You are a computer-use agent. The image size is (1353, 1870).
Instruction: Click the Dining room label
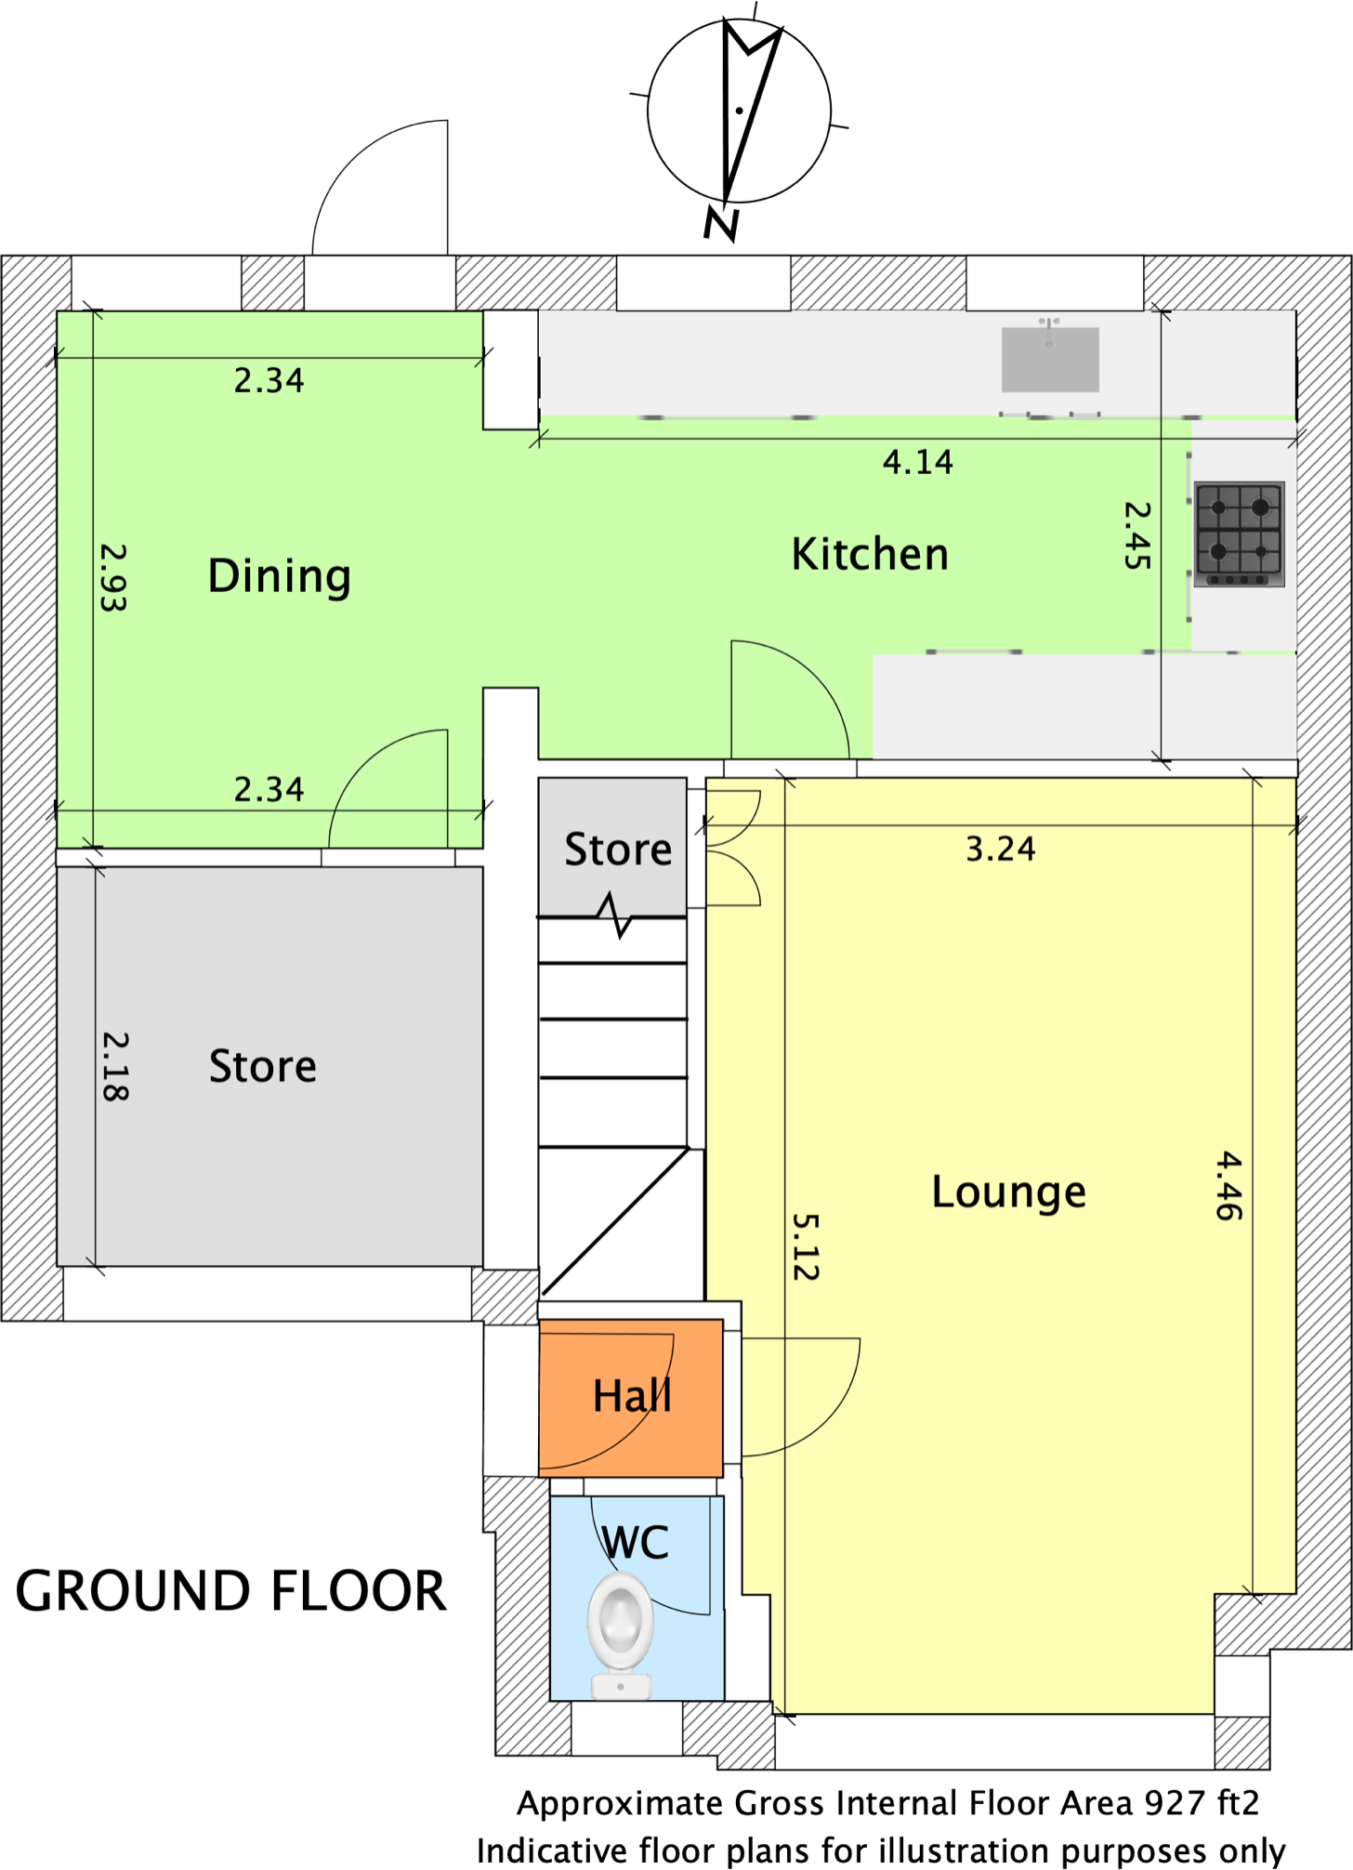coord(280,577)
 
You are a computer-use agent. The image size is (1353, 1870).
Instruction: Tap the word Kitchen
coord(870,554)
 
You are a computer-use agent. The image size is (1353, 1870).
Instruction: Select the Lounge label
coord(1009,1192)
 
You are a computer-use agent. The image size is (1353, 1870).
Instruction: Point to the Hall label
coord(632,1395)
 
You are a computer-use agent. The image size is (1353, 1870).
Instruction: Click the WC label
coord(636,1543)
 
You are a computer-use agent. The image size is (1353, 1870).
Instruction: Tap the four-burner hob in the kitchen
coord(1240,533)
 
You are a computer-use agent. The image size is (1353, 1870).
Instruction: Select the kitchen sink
coord(1050,359)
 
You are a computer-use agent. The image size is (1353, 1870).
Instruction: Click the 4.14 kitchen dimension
coord(918,462)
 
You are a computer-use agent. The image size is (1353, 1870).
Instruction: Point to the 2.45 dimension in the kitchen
coord(1137,535)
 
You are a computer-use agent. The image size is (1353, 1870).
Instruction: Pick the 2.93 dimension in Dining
coord(113,577)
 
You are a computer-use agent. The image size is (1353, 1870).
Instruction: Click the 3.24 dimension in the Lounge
coord(1001,849)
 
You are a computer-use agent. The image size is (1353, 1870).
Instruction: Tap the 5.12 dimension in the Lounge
coord(806,1247)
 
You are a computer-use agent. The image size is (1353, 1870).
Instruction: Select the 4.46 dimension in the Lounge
coord(1228,1186)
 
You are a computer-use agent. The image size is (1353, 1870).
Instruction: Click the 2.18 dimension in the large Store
coord(115,1067)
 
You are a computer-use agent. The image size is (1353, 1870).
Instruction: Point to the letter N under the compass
coord(721,224)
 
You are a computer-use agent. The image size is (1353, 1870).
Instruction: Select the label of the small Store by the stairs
coord(618,849)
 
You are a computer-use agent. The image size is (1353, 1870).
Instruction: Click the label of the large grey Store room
coord(263,1066)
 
